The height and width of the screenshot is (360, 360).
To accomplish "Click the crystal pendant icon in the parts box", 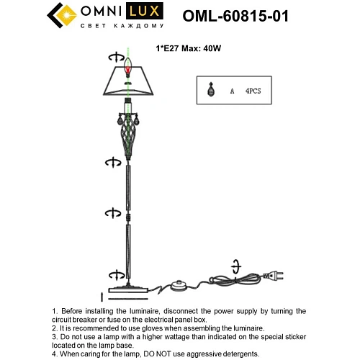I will (x=211, y=91).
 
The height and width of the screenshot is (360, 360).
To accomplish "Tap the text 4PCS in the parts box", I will (x=253, y=91).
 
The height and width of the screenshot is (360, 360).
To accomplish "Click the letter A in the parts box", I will (x=232, y=91).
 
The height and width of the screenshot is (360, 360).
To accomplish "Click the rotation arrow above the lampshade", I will (x=113, y=57).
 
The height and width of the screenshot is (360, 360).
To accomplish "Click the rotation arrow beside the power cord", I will (x=235, y=264).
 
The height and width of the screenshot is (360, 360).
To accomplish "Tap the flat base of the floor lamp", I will (x=130, y=292).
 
